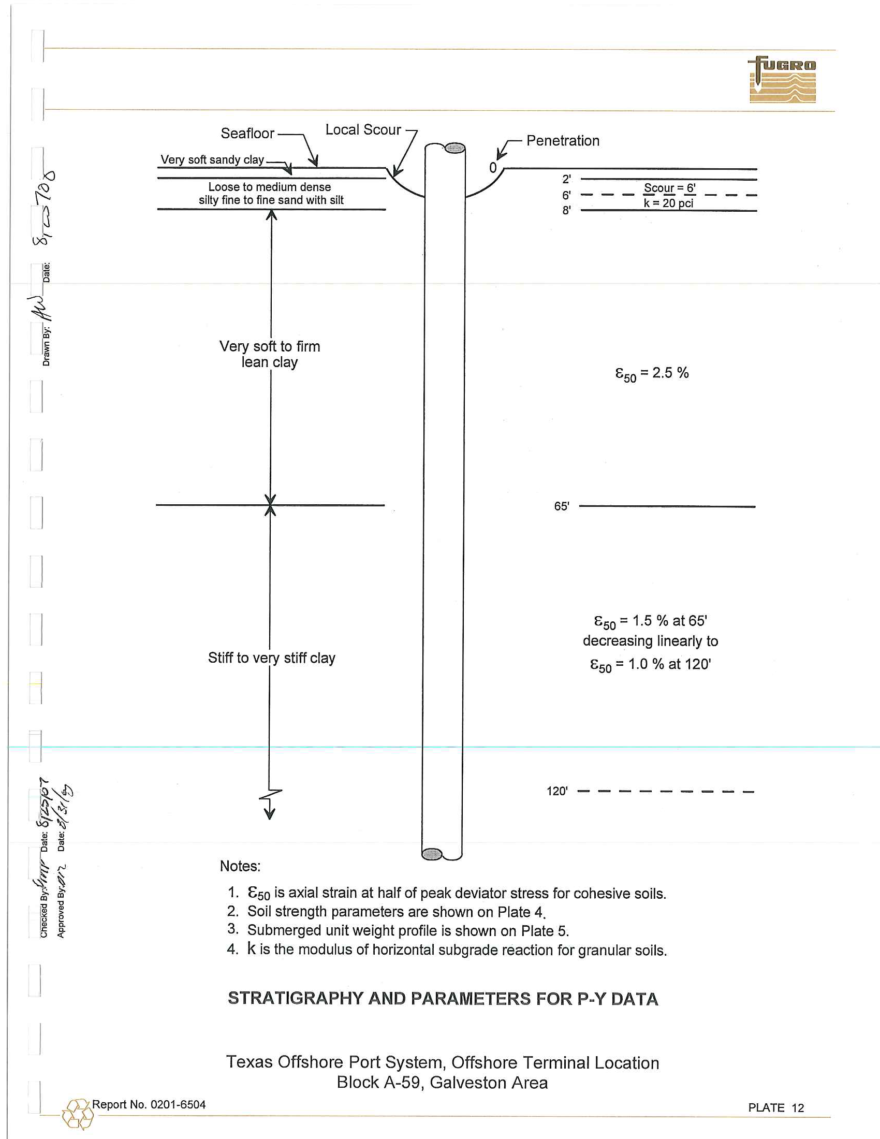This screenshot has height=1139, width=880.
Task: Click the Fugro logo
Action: (x=782, y=79)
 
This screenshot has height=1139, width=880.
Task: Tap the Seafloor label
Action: (x=247, y=134)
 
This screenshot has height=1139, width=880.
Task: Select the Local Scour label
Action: (x=363, y=130)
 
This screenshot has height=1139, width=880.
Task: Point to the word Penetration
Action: (x=563, y=141)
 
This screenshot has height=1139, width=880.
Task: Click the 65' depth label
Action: (x=562, y=506)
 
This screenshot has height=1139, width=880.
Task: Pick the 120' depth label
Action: (x=557, y=791)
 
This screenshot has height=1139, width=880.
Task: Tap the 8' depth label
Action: (x=566, y=210)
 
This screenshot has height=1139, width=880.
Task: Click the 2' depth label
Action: (x=566, y=180)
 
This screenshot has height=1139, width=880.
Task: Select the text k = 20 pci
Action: (x=668, y=203)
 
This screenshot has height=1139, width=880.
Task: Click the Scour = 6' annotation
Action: (x=669, y=188)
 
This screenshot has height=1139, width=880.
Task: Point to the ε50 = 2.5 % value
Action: (x=652, y=373)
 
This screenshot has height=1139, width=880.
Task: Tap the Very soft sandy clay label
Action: (x=212, y=159)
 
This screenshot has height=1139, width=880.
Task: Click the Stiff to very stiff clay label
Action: (x=271, y=658)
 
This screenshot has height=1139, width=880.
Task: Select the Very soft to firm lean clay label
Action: (x=270, y=354)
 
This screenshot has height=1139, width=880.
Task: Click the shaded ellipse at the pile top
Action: (x=454, y=148)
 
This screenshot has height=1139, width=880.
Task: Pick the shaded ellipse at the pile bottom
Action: (x=432, y=854)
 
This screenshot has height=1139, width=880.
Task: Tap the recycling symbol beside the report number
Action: (x=77, y=1114)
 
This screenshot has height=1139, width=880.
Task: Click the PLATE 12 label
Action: (x=776, y=1108)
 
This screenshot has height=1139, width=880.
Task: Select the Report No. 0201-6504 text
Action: (x=149, y=1104)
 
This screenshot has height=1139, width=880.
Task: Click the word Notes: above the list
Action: (x=240, y=866)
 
